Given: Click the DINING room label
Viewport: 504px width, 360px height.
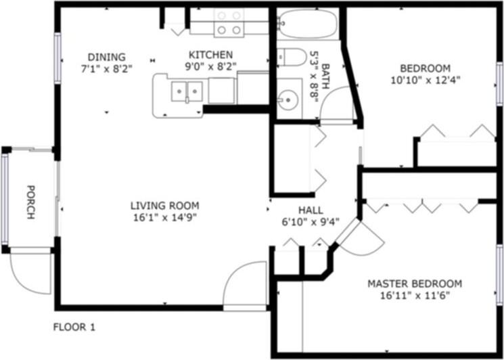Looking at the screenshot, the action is point(106,57).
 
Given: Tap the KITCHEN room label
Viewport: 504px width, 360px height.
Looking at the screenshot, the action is point(210,55).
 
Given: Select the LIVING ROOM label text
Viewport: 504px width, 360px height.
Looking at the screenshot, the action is point(165,205).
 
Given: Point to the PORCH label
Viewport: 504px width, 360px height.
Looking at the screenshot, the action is point(30,202).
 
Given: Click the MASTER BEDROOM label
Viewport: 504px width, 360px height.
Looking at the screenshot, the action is point(415,284).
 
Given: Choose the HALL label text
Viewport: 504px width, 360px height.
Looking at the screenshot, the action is point(311,210).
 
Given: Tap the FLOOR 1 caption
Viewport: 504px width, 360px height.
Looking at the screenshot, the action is point(74,328).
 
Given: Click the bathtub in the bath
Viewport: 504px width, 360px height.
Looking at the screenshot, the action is point(307,24).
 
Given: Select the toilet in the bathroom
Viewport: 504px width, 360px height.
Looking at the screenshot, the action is point(292,58).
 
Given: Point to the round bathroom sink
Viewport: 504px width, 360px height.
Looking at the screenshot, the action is point(288,100).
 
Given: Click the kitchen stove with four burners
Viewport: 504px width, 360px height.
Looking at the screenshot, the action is point(229,22).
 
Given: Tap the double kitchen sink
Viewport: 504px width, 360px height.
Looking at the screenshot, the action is point(187,91).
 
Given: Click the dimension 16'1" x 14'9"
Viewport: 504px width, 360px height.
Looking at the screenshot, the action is point(165,218).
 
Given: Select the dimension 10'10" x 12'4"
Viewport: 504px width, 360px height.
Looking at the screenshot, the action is point(426,80).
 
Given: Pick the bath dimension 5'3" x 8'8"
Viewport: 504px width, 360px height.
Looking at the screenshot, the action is point(313,76).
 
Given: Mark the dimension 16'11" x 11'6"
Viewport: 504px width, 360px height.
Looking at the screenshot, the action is point(415,296).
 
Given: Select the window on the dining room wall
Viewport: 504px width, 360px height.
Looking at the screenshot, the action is point(58,58).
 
